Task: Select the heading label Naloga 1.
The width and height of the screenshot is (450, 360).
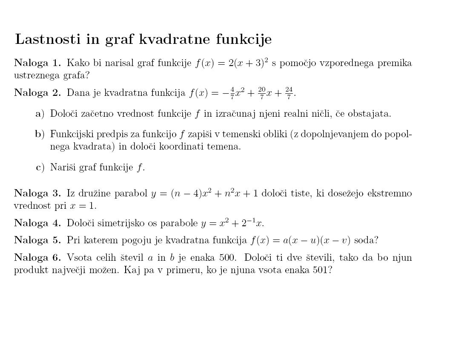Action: click(37, 63)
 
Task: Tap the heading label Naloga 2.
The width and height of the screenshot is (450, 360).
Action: click(37, 92)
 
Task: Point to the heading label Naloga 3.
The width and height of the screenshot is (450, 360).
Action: click(37, 193)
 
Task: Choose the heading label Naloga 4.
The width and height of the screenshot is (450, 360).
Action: click(37, 223)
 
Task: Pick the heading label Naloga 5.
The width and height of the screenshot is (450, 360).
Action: click(37, 240)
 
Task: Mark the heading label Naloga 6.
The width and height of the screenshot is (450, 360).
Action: click(37, 258)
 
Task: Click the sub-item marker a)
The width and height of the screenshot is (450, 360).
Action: click(40, 114)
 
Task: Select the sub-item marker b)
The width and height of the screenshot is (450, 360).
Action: click(40, 134)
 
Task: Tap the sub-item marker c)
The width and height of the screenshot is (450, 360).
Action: click(40, 167)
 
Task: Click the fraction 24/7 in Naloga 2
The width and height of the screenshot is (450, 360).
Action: click(289, 92)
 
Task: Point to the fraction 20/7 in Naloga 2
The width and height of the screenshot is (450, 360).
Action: click(261, 92)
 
